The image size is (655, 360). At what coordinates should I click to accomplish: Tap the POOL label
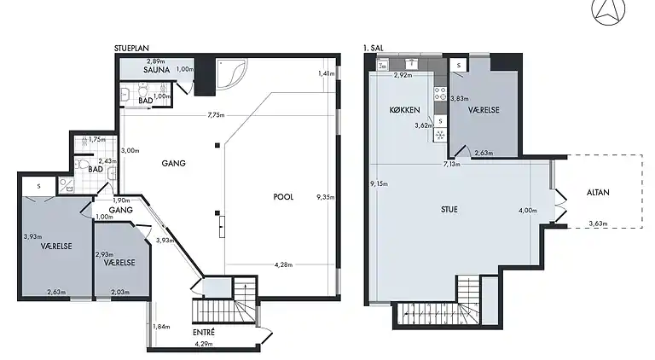[x=283, y=196]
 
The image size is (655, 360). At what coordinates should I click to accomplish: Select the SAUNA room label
[x=157, y=71]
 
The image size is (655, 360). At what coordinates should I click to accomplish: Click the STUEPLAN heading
[x=134, y=49]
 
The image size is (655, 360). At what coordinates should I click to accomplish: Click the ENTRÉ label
[x=203, y=331]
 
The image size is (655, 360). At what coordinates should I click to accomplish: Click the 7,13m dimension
[x=451, y=164]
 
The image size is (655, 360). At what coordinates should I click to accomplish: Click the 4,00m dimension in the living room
[x=528, y=211]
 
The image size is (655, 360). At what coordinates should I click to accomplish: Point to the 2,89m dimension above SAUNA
[x=154, y=61]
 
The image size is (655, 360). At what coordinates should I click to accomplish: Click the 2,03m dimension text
[x=122, y=292]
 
